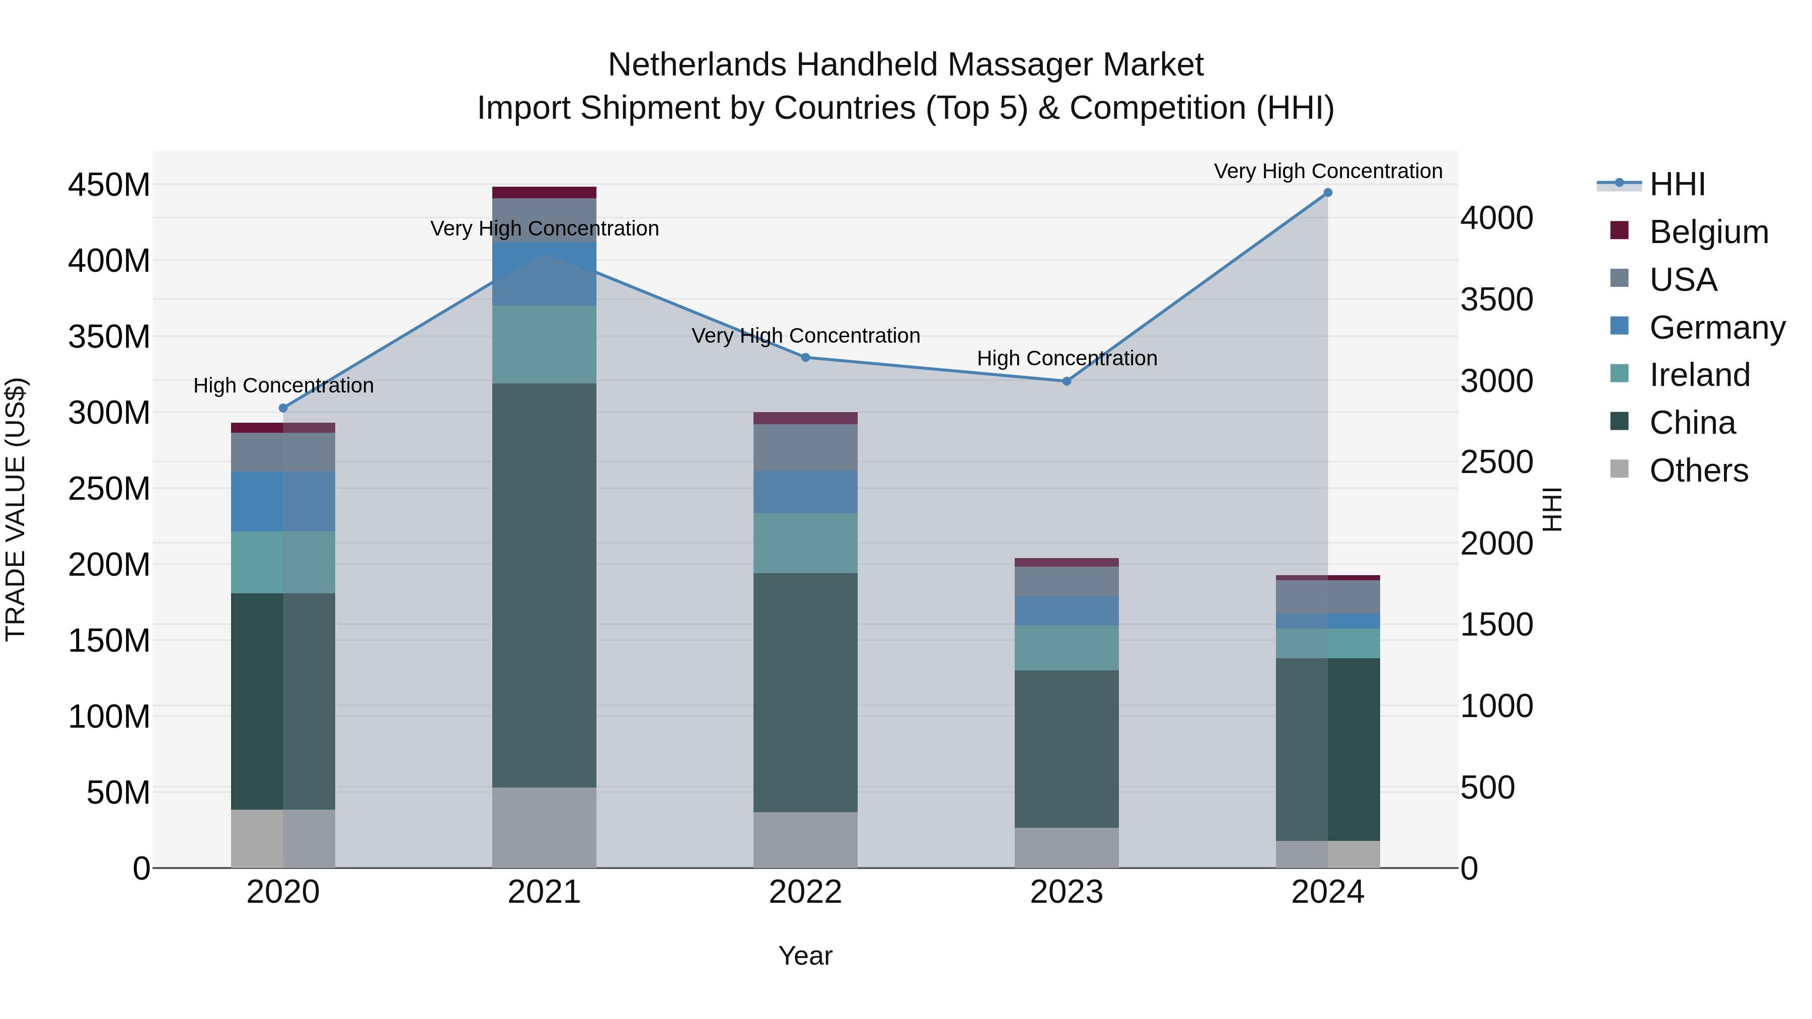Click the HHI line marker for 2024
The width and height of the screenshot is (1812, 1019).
point(1327,193)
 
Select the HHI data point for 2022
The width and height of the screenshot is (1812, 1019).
point(805,357)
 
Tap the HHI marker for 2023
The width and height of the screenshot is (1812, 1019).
point(1067,381)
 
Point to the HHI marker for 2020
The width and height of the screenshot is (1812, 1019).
point(283,408)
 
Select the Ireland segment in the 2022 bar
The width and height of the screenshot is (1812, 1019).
point(805,543)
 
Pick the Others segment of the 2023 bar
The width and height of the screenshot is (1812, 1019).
point(1067,847)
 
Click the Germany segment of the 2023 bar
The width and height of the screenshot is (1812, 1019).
point(1067,610)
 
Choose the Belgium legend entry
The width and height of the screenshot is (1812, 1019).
point(1708,232)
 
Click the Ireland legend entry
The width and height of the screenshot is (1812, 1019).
point(1699,375)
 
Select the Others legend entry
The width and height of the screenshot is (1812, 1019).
point(1698,471)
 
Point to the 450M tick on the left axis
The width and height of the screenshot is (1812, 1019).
point(109,185)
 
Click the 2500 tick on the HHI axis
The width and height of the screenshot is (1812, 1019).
point(1496,462)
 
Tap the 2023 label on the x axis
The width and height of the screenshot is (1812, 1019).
point(1067,892)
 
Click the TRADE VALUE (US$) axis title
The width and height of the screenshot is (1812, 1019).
point(16,509)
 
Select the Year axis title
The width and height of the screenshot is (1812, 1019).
point(805,956)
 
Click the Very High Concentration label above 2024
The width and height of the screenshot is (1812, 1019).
point(1327,171)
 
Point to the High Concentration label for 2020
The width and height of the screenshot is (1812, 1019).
point(283,385)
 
